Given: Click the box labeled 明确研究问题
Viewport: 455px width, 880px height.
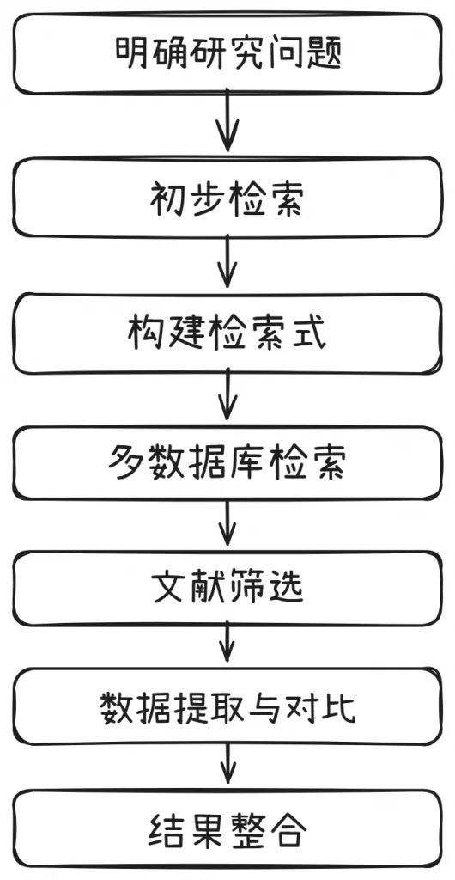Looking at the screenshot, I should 227,53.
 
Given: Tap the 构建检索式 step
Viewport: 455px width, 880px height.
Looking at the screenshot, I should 227,333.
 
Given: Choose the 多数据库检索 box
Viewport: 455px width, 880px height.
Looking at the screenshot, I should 227,466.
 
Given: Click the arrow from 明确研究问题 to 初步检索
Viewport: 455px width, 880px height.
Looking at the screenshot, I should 227,124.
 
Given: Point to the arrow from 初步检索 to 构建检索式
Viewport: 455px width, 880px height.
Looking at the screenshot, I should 227,262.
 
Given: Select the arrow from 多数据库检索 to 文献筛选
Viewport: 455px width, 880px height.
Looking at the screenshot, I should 227,524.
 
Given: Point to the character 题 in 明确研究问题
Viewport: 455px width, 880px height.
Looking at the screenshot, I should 325,53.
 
